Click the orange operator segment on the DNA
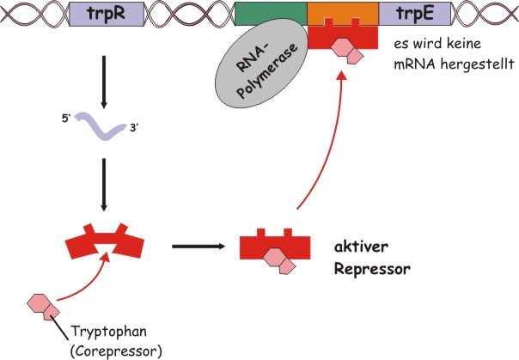[341, 12]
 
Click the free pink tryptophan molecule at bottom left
[42, 305]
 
